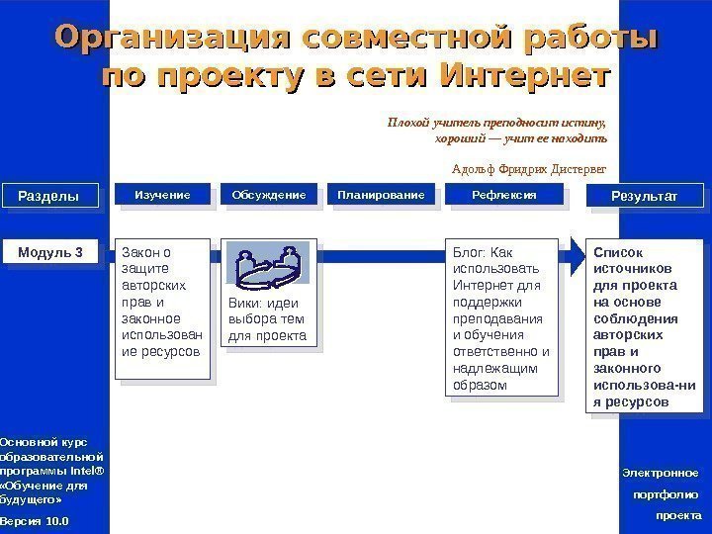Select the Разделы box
click(x=48, y=197)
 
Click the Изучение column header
click(x=162, y=196)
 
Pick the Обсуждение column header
click(x=269, y=196)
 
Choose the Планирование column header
click(x=381, y=196)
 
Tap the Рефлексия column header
click(x=504, y=196)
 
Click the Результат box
click(x=645, y=197)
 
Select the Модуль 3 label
click(x=50, y=253)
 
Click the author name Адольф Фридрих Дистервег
click(x=528, y=168)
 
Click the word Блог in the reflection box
click(x=470, y=251)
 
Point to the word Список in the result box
click(x=615, y=251)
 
